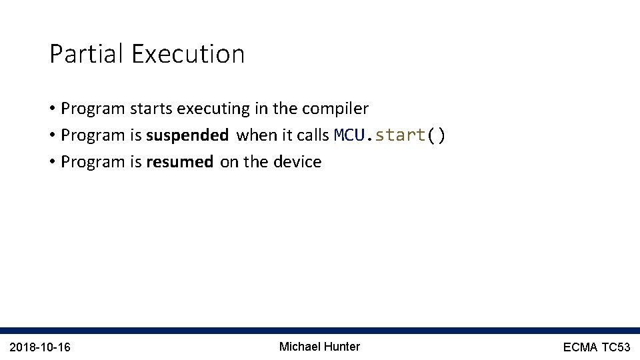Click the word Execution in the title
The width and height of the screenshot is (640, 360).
pyautogui.click(x=188, y=54)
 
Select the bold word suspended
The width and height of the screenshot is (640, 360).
pyautogui.click(x=187, y=135)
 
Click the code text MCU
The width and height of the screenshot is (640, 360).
pyautogui.click(x=350, y=135)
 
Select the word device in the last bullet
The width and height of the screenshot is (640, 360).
pyautogui.click(x=297, y=162)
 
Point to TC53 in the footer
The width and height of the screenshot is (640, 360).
pyautogui.click(x=617, y=347)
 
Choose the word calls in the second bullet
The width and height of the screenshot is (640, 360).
pyautogui.click(x=313, y=135)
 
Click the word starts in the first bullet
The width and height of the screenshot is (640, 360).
pyautogui.click(x=148, y=108)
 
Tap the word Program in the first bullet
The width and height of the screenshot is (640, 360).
pyautogui.click(x=92, y=108)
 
